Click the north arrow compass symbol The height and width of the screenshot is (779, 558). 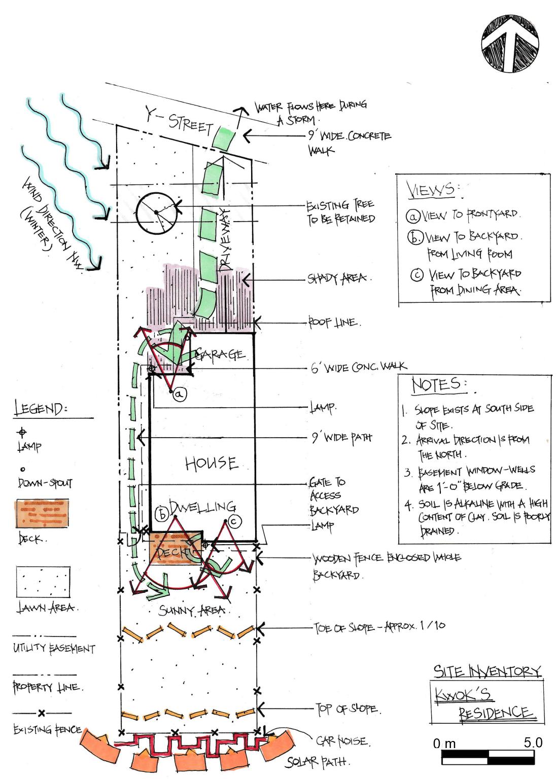point(510,42)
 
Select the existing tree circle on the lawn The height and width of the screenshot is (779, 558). point(156,211)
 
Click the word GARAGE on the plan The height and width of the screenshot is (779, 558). point(220,354)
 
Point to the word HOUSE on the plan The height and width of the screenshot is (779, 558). point(211,463)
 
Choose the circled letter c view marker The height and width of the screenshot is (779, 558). point(234,520)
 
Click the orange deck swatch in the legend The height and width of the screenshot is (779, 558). point(43,513)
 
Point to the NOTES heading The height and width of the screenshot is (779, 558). point(436,384)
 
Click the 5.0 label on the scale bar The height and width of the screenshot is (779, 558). point(533,742)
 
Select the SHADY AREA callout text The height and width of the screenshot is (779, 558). point(339,278)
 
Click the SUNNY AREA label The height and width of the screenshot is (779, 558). point(191,610)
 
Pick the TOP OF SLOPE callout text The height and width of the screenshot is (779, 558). point(348,709)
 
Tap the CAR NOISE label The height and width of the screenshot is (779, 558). point(342,741)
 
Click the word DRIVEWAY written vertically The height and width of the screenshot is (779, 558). point(224,238)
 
